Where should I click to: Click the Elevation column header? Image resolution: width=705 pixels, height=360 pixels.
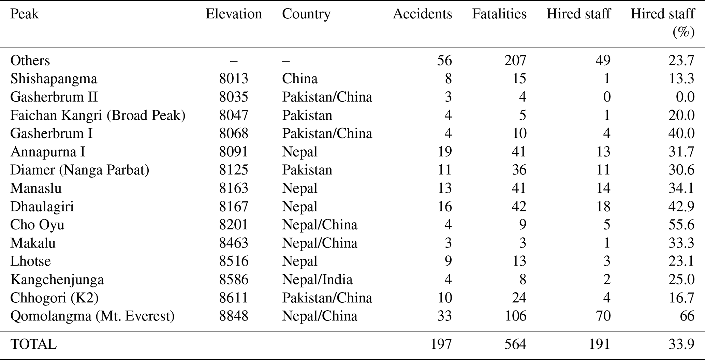pos(234,14)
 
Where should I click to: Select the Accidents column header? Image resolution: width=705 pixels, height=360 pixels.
pos(422,14)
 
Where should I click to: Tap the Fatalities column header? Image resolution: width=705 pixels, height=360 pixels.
pos(499,14)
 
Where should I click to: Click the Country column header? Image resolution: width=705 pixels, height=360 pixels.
pos(306,14)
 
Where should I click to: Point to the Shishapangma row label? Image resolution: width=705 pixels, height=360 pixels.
pos(54,79)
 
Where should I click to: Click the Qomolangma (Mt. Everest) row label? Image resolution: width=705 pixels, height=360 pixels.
pos(92,316)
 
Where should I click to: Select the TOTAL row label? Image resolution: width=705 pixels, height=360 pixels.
pos(33,344)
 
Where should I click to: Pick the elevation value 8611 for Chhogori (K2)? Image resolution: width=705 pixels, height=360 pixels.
pos(234,298)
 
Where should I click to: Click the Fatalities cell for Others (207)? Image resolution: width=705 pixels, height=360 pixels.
pos(515,60)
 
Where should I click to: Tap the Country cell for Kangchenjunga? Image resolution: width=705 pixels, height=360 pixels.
pos(317,280)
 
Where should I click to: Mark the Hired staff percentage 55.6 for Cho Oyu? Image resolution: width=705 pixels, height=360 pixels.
pos(681,225)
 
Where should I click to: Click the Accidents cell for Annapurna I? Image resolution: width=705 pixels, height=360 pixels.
pos(444,152)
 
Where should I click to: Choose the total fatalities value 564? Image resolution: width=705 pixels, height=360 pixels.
pos(515,344)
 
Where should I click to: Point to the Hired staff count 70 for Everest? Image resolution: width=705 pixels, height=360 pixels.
pos(603,316)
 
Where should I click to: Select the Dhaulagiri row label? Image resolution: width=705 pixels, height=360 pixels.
pos(42,207)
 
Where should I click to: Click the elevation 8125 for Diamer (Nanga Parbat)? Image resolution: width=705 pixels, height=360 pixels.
pos(234,170)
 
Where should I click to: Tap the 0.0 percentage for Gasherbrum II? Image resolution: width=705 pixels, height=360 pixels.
pos(685,97)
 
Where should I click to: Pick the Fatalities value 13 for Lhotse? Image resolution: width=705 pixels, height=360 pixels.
pos(519,261)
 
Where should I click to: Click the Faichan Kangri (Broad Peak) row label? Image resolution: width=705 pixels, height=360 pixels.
pos(98,115)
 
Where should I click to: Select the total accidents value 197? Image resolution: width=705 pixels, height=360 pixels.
pos(441,344)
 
